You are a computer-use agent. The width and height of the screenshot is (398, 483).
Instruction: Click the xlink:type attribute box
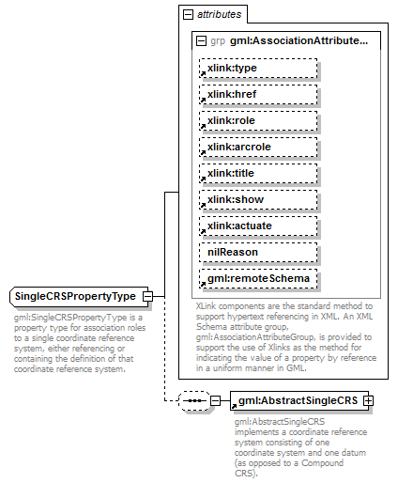(x=257, y=69)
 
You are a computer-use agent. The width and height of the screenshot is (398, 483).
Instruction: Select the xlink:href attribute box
(x=257, y=95)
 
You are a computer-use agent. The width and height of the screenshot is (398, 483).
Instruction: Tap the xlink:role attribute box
(x=257, y=121)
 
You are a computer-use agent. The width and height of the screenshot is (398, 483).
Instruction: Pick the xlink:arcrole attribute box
(x=257, y=148)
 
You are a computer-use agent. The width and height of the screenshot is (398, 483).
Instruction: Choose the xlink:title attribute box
(x=257, y=174)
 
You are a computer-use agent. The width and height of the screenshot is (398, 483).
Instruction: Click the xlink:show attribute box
(x=257, y=200)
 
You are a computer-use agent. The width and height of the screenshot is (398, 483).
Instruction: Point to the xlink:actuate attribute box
(x=257, y=226)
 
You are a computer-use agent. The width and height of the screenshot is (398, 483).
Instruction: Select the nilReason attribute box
(x=257, y=253)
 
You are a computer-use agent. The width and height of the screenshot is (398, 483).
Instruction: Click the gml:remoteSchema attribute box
(x=257, y=279)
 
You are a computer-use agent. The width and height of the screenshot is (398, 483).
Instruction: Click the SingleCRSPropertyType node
(x=75, y=297)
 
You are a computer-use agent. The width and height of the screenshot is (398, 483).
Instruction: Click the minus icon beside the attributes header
(x=189, y=15)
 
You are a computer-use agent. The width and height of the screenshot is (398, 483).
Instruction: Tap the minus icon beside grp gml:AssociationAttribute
(x=201, y=41)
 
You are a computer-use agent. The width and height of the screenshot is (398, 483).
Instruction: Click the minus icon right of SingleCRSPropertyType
(x=147, y=297)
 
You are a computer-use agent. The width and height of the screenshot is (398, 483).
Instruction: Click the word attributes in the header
(x=220, y=15)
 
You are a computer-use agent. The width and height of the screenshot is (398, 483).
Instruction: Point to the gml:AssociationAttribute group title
(x=299, y=41)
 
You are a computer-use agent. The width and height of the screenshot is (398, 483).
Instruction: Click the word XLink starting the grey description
(x=207, y=305)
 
